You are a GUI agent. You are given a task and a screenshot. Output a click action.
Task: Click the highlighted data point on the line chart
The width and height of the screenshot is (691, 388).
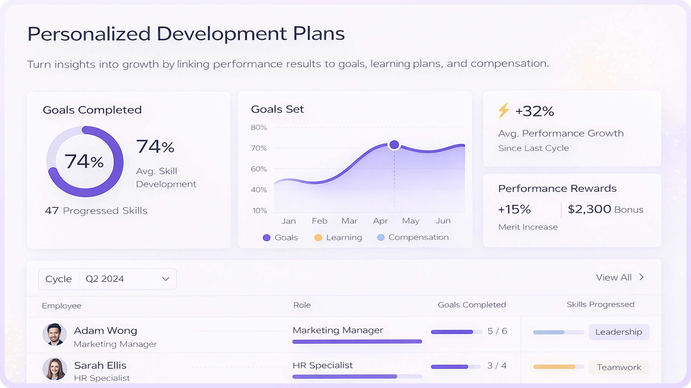(394, 145)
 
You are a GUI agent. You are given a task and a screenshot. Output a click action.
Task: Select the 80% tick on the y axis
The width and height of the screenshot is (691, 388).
(259, 128)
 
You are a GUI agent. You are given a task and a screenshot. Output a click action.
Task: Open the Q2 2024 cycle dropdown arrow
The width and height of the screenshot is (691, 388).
(166, 279)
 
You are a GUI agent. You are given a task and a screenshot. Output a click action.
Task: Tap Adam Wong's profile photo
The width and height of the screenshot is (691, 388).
(55, 334)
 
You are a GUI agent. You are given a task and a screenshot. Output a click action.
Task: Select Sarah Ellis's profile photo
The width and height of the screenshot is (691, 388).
(55, 369)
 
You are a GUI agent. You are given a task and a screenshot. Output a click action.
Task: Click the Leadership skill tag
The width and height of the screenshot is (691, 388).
(619, 332)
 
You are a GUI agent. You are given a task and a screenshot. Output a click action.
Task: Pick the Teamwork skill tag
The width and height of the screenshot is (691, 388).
(619, 367)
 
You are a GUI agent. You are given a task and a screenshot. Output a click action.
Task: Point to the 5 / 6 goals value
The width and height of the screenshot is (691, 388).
(497, 331)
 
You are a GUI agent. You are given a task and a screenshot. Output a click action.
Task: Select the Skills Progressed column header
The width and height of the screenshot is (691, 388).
(600, 304)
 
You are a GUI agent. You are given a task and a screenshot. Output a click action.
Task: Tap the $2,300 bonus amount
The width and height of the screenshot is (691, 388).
(589, 209)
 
